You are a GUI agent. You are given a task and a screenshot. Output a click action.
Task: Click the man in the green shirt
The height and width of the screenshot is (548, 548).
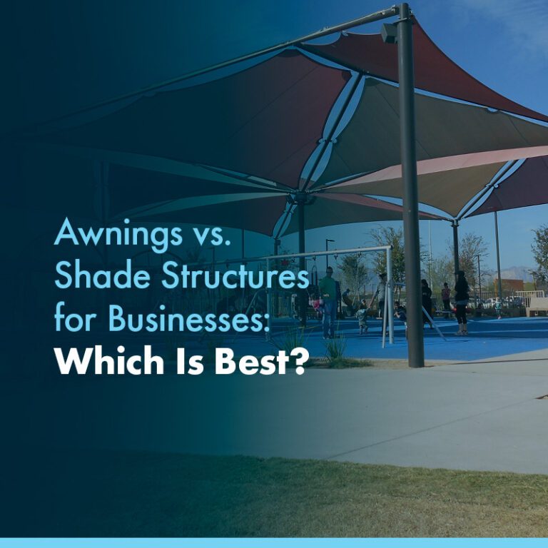click(x=328, y=300)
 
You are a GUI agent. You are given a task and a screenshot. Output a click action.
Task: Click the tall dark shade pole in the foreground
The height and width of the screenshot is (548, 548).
click(x=411, y=200)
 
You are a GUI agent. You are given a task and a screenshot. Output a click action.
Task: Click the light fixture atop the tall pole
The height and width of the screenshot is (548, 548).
click(x=390, y=31)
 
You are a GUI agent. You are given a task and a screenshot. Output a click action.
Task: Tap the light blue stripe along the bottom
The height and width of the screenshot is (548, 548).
click(x=274, y=542)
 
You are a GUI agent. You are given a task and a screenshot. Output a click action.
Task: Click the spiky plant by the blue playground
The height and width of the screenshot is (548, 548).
click(x=335, y=345)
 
